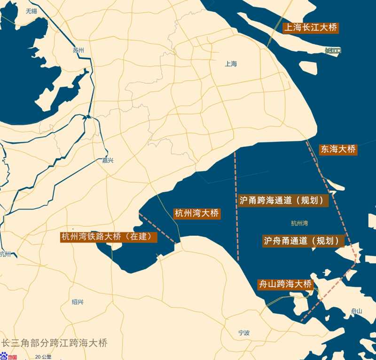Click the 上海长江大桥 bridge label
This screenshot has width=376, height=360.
pos(311,28)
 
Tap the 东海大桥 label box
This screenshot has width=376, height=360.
pos(337,150)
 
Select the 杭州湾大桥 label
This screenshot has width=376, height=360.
pos(196,213)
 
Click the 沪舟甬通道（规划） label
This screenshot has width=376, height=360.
pos(303,241)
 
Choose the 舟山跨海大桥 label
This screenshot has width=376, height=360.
pos(285,284)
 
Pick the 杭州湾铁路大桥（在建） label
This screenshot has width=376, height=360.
pos(109,237)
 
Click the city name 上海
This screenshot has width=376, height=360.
pos(231,64)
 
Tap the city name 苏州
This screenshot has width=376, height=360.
pos(78,50)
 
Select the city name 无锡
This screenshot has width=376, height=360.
pos(31,11)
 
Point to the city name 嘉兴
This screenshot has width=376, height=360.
pos(108,160)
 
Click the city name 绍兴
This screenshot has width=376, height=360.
pos(78,302)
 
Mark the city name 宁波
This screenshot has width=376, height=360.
pos(244,333)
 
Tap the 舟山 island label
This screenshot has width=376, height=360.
pos(357,311)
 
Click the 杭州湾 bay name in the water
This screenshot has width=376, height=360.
pos(299,223)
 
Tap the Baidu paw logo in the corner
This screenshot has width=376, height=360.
pos(3,356)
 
